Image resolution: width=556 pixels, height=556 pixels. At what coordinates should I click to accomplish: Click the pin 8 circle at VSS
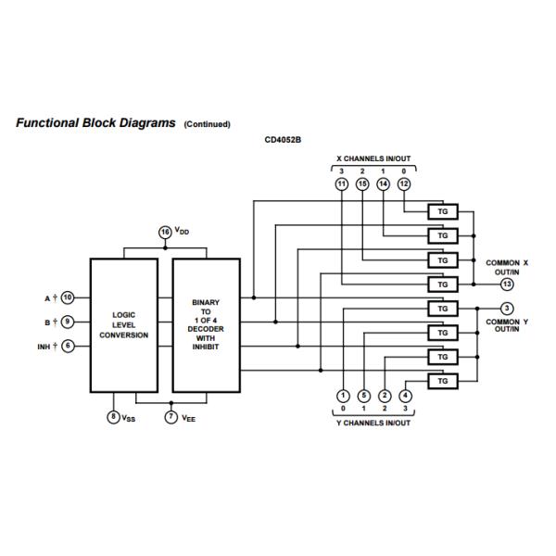click(113, 418)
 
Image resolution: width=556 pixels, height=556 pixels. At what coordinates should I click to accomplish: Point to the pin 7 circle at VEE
click(171, 418)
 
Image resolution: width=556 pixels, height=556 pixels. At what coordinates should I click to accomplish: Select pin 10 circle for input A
click(69, 297)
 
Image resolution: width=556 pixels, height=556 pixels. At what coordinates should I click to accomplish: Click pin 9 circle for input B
click(69, 322)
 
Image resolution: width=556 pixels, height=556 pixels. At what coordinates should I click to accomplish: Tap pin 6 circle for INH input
click(69, 346)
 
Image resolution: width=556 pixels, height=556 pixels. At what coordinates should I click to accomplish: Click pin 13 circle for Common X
click(507, 284)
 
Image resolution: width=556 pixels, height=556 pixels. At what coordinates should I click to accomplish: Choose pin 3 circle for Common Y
click(507, 308)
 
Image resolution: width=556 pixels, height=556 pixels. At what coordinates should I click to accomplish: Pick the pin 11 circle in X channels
click(342, 185)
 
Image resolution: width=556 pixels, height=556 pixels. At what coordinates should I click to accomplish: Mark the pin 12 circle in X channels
click(404, 185)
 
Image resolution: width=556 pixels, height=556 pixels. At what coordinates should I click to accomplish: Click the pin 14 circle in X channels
click(384, 185)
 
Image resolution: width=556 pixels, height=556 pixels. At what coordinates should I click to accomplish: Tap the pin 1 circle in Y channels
click(342, 396)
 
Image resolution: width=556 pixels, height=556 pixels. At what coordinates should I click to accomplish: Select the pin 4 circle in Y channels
click(405, 396)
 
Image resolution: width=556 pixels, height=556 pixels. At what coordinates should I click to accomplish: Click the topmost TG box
click(442, 211)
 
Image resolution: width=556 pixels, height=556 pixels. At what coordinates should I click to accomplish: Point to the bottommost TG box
click(442, 381)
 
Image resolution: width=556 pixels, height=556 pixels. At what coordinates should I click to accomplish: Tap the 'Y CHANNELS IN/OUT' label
click(373, 423)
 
